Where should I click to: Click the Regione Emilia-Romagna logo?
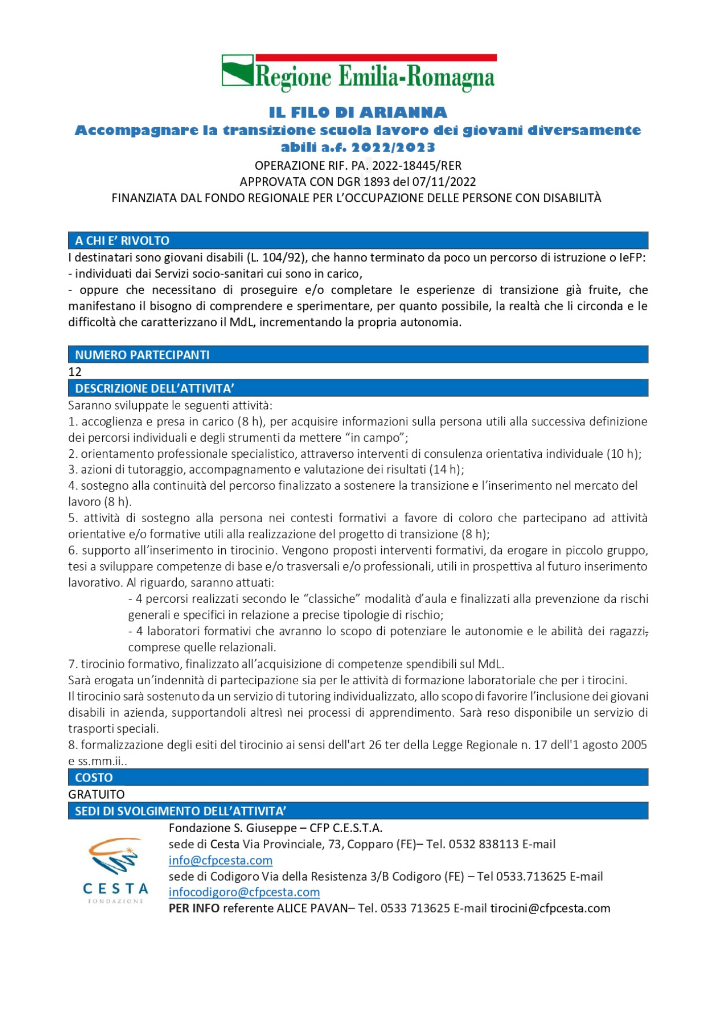pos(359,73)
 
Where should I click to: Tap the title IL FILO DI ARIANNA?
pos(358,112)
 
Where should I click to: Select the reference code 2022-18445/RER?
pos(417,166)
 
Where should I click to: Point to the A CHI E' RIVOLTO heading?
pos(122,241)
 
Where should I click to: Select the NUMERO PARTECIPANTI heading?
pos(142,355)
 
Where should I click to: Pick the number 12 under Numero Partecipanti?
pos(75,372)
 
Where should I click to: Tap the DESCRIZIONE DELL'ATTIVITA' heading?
pos(154,388)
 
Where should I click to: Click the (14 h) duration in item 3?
pos(446,470)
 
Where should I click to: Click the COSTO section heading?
pos(94,777)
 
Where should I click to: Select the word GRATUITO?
pos(96,794)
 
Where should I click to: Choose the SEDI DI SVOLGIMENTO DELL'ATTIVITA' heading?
pos(180,811)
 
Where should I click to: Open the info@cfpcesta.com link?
pos(220,860)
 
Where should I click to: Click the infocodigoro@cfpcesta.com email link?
pos(244,892)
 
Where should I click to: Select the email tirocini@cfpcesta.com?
pos(550,908)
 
